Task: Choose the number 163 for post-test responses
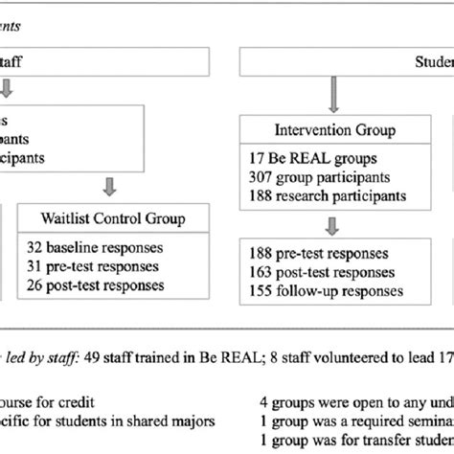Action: coord(257,274)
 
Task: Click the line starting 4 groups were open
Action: coord(355,399)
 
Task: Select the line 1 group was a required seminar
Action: coord(355,419)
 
